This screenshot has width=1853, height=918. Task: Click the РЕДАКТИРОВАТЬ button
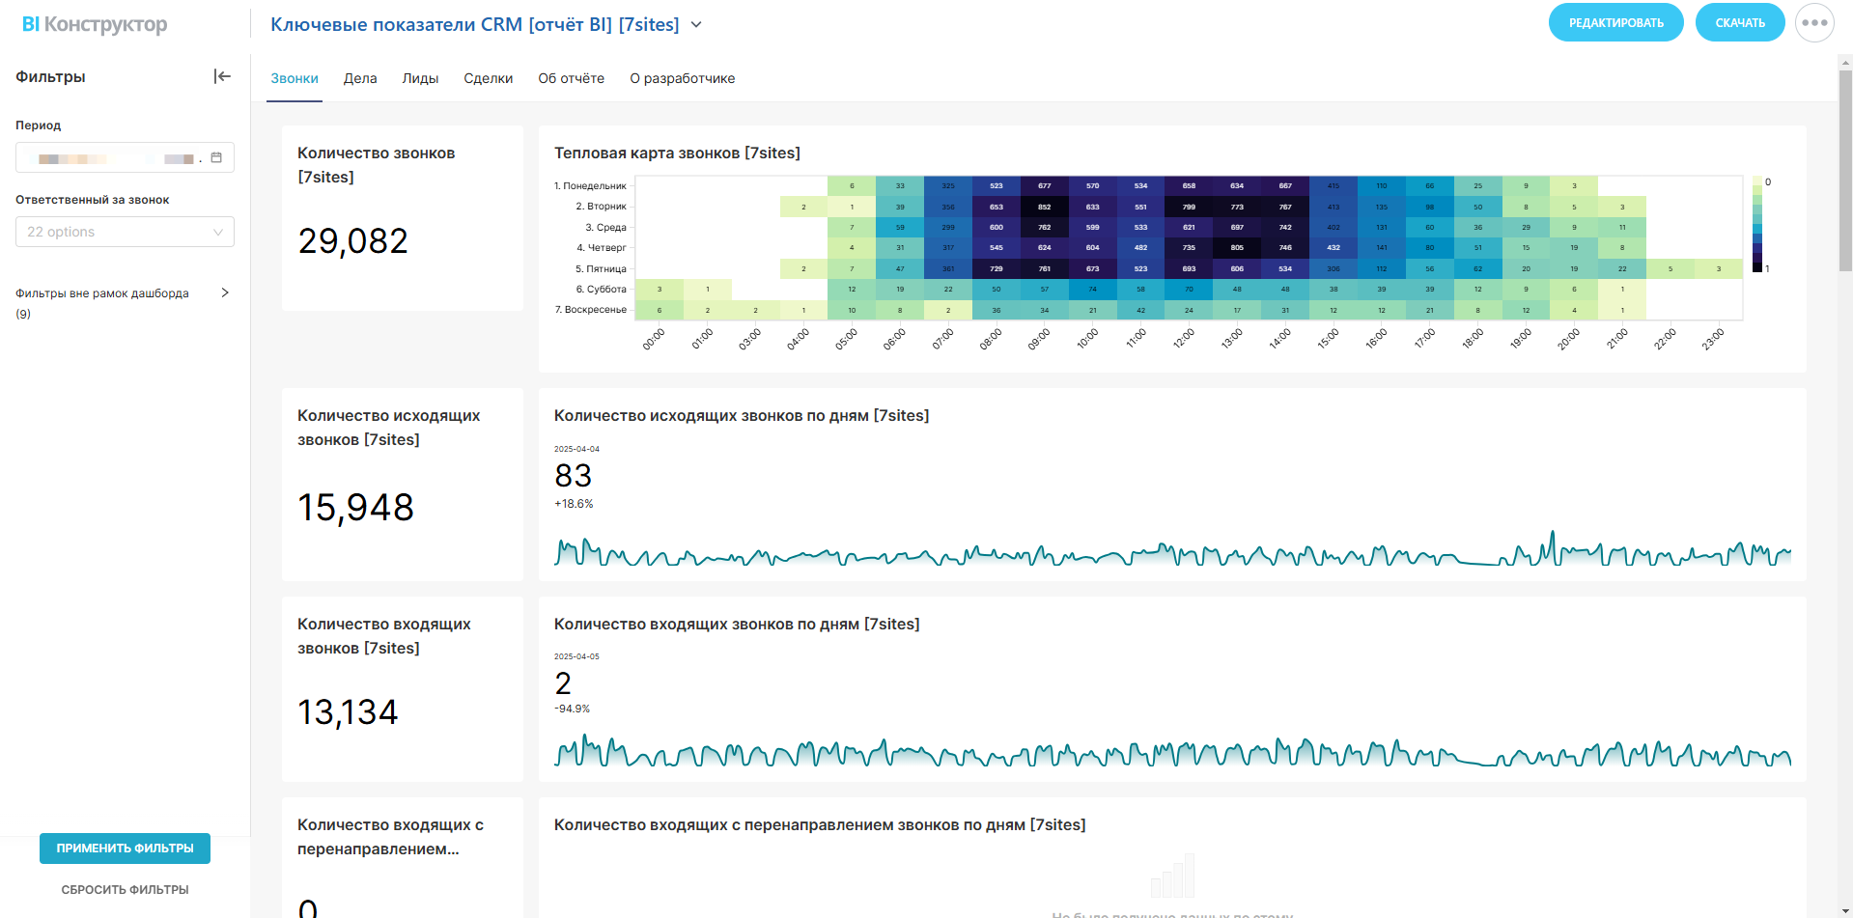(x=1615, y=23)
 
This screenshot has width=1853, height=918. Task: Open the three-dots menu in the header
(x=1814, y=23)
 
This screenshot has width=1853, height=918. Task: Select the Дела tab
(x=360, y=79)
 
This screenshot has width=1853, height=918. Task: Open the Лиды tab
(x=420, y=79)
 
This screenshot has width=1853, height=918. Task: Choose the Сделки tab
(x=488, y=79)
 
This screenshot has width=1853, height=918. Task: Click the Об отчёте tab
(x=571, y=79)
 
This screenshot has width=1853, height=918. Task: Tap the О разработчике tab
(x=682, y=79)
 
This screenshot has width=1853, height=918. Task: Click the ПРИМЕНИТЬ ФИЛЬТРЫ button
(x=125, y=848)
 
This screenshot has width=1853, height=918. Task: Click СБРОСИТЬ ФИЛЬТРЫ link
(x=125, y=890)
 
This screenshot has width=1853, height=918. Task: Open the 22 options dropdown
(x=125, y=232)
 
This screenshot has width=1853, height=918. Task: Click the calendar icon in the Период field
(x=216, y=157)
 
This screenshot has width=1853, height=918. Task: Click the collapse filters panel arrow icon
(x=222, y=76)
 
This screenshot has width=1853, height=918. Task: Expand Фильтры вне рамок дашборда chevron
(x=225, y=292)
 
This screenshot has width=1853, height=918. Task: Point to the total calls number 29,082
(x=353, y=241)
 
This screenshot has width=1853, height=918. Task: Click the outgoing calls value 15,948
(x=355, y=508)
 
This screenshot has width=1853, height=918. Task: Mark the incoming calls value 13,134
(x=348, y=712)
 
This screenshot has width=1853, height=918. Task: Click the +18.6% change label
(x=574, y=504)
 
